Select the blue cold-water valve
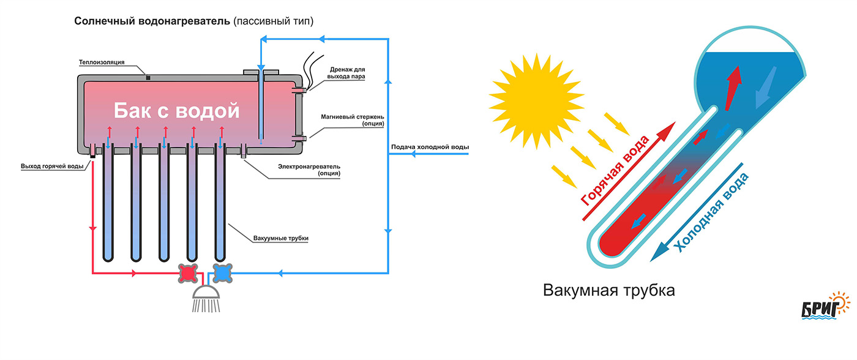[222, 273]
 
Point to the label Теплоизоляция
[102, 62]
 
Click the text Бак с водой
[176, 111]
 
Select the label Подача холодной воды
[430, 148]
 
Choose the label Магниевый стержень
[351, 119]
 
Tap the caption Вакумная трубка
[608, 290]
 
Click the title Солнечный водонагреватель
[152, 21]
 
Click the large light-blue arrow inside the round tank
[765, 86]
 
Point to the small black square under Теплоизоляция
[148, 77]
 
